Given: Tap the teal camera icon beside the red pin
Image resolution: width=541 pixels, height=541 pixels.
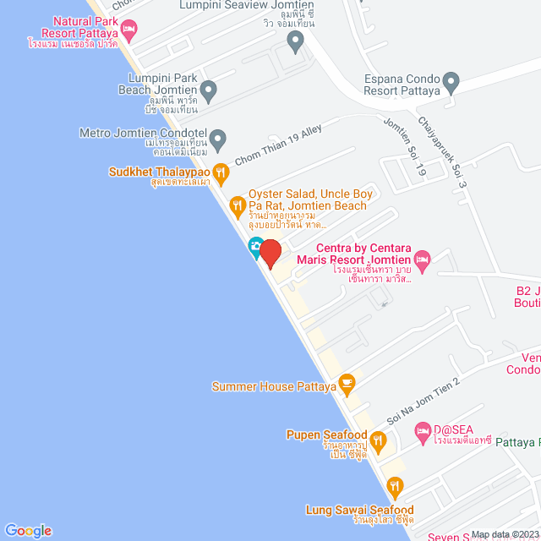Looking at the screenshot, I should pos(254,249).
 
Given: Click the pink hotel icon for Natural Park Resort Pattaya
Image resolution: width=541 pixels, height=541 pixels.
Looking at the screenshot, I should pos(128,30).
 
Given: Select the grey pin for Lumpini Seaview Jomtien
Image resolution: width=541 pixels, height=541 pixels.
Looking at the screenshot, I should pos(295,41).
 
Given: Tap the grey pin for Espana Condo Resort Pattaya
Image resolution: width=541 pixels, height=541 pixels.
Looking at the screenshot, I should pos(451,83).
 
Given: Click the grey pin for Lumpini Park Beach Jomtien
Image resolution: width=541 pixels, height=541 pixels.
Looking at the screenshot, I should pos(209,89).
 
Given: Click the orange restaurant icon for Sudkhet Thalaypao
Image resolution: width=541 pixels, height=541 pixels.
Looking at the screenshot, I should pos(221,172).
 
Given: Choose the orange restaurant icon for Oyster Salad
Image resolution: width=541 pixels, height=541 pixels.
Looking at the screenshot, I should pos(238,204).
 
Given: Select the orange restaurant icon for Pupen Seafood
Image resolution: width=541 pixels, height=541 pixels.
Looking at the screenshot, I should pos(378,440).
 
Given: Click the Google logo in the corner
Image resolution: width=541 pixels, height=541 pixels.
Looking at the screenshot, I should pos(27,530).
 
